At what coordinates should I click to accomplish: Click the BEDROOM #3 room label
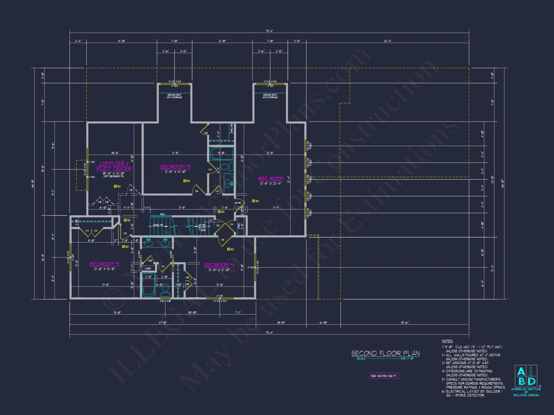[175, 167]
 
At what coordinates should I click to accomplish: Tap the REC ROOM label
[271, 179]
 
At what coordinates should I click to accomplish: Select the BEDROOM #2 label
[104, 264]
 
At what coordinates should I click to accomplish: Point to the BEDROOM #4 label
[219, 265]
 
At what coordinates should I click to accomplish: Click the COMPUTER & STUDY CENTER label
[114, 166]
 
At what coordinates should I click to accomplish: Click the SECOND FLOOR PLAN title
[385, 353]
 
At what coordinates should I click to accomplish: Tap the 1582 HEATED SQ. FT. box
[384, 376]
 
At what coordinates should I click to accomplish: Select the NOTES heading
[447, 341]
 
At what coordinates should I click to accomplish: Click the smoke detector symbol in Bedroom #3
[185, 181]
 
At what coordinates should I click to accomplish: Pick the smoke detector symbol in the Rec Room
[253, 201]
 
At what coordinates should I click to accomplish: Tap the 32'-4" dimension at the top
[388, 41]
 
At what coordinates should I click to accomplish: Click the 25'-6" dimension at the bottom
[405, 323]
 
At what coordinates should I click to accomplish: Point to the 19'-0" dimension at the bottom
[117, 313]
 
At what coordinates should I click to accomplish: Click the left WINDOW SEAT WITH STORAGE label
[174, 96]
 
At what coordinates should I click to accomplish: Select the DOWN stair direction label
[158, 225]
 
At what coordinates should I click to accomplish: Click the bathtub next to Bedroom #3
[221, 154]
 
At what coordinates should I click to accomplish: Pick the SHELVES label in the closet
[232, 128]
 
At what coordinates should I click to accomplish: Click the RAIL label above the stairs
[162, 214]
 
